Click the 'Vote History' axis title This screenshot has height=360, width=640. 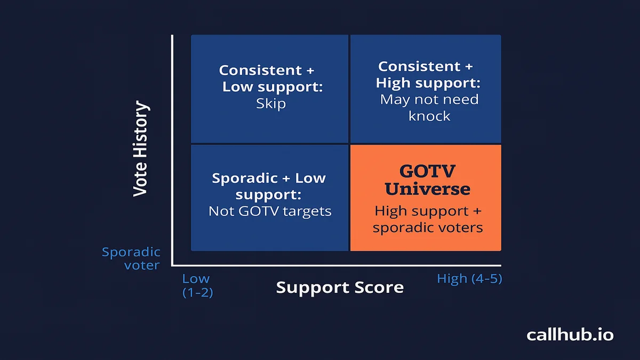click(x=141, y=149)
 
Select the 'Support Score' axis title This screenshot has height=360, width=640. click(x=340, y=287)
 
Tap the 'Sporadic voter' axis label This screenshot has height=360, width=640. click(x=131, y=259)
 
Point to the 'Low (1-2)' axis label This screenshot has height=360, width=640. click(x=197, y=285)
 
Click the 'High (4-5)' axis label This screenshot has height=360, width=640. click(x=469, y=278)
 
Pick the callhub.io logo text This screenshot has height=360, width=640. click(x=570, y=334)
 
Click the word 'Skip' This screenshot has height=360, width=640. click(x=271, y=103)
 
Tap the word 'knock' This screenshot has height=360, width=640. click(x=429, y=116)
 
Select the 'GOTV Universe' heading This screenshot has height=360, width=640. click(x=427, y=180)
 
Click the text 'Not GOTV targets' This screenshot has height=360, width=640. click(x=270, y=211)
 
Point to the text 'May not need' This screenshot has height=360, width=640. click(x=429, y=99)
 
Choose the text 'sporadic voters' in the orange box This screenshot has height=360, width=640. click(x=428, y=228)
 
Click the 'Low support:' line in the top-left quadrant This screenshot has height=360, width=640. click(x=273, y=87)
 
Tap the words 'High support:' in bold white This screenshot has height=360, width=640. click(x=428, y=83)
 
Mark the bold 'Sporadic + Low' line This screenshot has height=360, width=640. click(x=269, y=178)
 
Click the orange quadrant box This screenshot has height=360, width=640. click(x=426, y=198)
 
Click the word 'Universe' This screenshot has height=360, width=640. click(x=427, y=189)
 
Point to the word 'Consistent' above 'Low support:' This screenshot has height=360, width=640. click(x=260, y=70)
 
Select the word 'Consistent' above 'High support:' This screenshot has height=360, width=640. click(x=419, y=67)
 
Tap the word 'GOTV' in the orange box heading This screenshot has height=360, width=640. click(x=427, y=171)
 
